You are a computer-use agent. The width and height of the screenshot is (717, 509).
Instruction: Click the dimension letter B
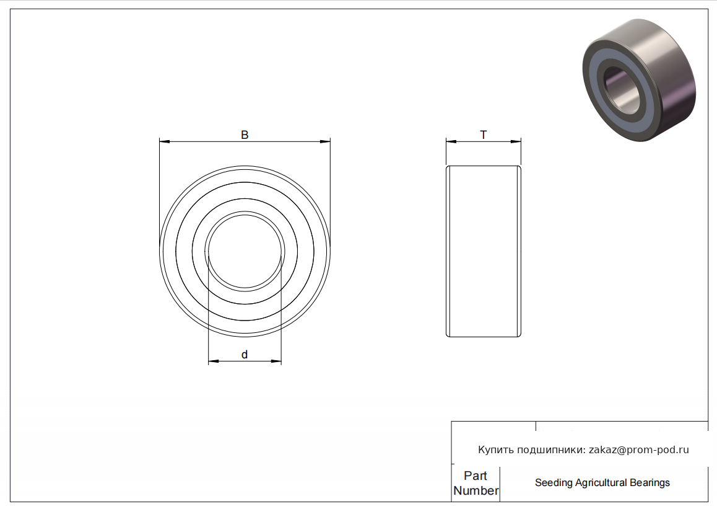(245, 135)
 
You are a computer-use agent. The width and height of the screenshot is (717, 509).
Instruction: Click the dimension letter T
(484, 135)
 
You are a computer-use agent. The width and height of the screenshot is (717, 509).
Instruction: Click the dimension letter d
(245, 354)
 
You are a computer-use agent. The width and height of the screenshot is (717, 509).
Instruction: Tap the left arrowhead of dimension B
(165, 141)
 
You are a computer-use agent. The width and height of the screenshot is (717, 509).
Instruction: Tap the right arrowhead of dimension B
(324, 141)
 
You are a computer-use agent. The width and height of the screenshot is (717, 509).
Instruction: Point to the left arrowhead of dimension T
(451, 141)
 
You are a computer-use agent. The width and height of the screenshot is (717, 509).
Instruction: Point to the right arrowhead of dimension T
(516, 141)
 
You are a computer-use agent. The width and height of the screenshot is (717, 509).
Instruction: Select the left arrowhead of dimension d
(214, 361)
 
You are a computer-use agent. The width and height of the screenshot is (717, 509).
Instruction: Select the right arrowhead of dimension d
(276, 361)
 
